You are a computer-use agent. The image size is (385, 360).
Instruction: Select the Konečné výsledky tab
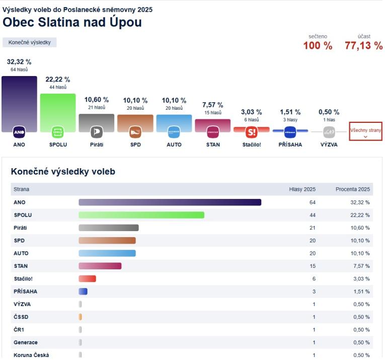coord(30,42)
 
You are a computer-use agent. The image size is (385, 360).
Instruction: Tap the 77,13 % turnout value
coord(363,46)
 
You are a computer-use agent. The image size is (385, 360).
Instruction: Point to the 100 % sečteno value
coord(318,46)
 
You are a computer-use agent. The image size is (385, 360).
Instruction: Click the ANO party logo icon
coord(19,132)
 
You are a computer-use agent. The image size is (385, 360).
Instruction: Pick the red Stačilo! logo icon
coord(252,132)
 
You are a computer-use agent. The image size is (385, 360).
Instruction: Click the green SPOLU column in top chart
coord(57,111)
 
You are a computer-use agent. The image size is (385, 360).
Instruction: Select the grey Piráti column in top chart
coord(96,121)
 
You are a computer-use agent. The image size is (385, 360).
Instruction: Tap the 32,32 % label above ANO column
coord(19,62)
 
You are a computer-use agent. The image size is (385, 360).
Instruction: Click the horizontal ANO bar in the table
coord(170,202)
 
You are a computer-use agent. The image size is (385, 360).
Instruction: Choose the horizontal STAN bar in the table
coord(100,266)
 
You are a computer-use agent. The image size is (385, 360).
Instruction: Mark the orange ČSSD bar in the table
coord(81,317)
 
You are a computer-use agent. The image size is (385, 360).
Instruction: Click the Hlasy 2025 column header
coord(302,189)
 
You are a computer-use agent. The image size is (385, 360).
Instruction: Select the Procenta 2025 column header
coord(352,189)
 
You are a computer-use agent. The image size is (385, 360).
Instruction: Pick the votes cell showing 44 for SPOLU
coord(313,215)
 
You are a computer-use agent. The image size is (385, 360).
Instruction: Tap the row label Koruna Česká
coord(31,355)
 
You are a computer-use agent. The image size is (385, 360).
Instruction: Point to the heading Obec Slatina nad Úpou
coord(72,23)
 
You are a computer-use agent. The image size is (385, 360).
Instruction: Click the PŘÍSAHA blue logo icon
coord(290,132)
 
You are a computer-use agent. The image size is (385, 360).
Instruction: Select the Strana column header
coord(22,189)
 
